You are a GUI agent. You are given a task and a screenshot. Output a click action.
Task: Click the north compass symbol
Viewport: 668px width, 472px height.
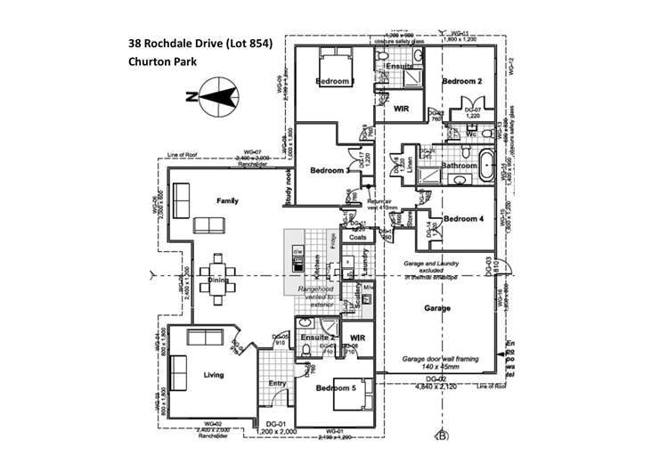tap(213, 96)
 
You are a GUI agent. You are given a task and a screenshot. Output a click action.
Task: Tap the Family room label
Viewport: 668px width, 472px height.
tap(227, 202)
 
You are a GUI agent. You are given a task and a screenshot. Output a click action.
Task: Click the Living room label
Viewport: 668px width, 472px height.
tap(214, 375)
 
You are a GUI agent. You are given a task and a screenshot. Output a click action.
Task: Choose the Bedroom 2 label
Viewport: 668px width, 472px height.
tap(462, 81)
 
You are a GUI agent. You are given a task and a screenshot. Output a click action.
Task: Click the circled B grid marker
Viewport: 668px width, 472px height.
tap(440, 435)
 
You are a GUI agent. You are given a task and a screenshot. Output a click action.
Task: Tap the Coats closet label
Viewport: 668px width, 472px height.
tap(359, 238)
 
